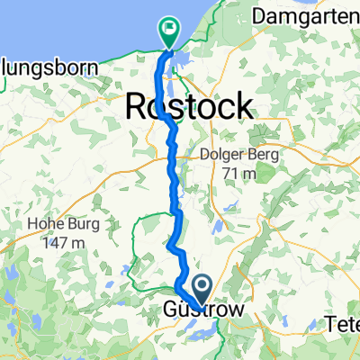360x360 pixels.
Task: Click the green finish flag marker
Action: pos(168,30)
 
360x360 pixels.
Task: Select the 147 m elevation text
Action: pos(62,242)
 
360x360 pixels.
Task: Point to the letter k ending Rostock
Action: pos(242,107)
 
